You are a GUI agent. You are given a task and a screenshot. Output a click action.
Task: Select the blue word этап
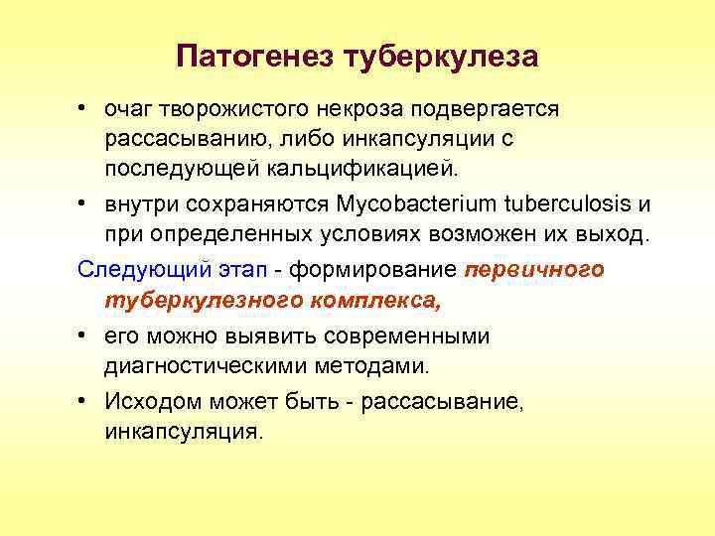(253, 270)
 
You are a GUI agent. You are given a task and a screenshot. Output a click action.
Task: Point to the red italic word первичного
(534, 270)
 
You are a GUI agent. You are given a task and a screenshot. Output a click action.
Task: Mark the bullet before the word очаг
(86, 108)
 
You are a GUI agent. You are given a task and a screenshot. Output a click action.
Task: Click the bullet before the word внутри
(86, 205)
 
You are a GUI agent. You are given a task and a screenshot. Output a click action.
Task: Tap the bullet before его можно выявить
(86, 335)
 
